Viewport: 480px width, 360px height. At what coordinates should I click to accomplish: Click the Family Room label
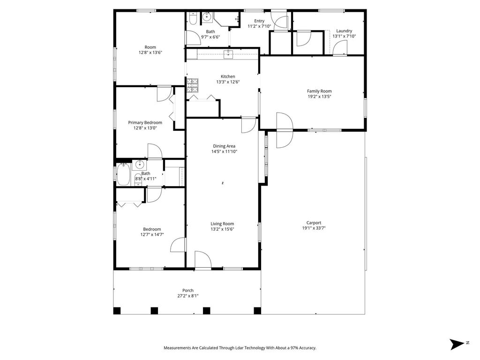click(x=319, y=91)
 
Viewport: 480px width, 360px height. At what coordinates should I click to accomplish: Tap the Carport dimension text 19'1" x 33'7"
click(x=314, y=228)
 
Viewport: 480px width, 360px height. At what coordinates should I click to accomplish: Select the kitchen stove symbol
click(x=193, y=85)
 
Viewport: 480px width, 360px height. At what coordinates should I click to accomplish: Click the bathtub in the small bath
click(x=123, y=174)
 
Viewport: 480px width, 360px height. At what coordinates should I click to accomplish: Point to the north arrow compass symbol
click(x=457, y=344)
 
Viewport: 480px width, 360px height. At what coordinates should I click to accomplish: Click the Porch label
click(x=188, y=291)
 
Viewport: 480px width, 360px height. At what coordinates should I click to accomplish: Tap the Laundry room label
click(x=344, y=31)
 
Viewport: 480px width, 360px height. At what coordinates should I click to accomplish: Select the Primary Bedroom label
click(x=145, y=123)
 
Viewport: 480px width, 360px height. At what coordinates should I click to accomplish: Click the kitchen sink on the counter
click(x=228, y=54)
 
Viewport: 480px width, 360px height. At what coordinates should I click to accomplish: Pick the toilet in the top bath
click(x=193, y=18)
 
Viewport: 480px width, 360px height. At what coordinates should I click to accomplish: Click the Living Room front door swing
click(x=203, y=260)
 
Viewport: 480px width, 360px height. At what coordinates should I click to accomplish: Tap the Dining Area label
click(x=224, y=146)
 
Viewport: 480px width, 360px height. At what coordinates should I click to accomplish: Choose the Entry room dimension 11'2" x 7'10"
click(x=259, y=26)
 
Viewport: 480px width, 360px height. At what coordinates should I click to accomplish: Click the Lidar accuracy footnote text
click(x=240, y=348)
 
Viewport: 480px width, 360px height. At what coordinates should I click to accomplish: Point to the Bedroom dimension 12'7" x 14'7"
click(x=152, y=235)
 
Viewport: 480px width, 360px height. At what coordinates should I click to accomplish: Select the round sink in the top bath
click(x=207, y=17)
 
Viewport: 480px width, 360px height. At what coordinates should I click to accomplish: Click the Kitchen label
click(x=228, y=76)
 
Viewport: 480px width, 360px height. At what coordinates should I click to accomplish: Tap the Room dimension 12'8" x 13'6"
click(x=150, y=52)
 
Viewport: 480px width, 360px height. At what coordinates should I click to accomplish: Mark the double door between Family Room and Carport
click(x=285, y=130)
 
